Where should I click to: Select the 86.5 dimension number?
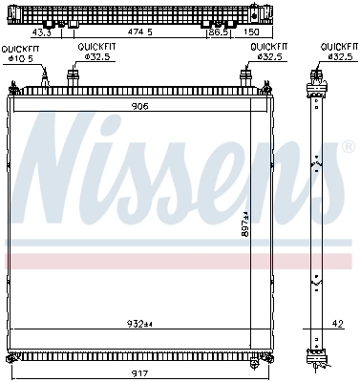(219, 32)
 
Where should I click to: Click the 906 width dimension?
(139, 107)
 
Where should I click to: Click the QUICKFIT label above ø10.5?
(19, 48)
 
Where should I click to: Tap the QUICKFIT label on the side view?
(338, 47)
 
